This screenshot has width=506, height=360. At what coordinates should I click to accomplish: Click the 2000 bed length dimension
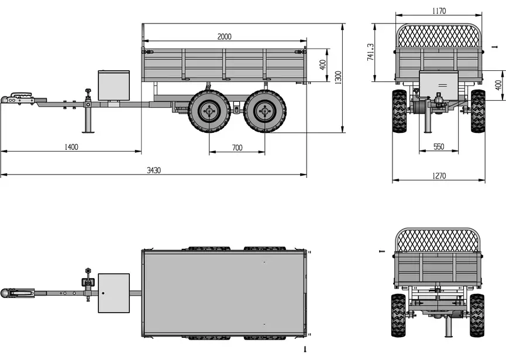(x=224, y=36)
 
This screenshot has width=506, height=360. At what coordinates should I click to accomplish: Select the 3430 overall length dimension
(x=154, y=170)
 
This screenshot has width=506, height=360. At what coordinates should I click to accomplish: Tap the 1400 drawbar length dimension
(x=71, y=148)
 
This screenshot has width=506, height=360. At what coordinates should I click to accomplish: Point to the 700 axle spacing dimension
(x=237, y=148)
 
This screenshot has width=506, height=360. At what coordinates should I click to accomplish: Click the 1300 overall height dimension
(x=338, y=78)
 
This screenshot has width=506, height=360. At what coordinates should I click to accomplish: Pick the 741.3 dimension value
(x=370, y=52)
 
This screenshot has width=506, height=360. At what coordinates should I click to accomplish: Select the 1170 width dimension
(x=439, y=11)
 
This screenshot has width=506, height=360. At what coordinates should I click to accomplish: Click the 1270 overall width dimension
(x=439, y=176)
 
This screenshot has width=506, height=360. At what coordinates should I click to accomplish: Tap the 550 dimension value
(x=439, y=147)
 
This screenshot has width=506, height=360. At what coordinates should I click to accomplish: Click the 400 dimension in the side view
(x=323, y=65)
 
